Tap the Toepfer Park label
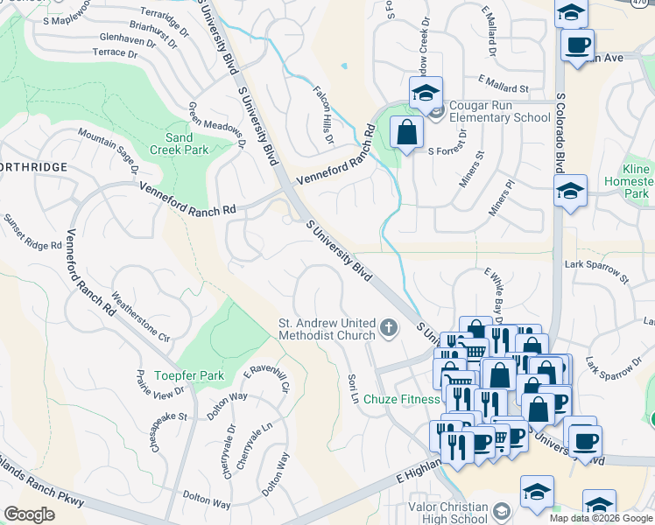(x=189, y=375)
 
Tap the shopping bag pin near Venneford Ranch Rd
(x=407, y=134)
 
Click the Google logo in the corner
(x=29, y=514)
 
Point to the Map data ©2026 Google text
(x=600, y=518)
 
